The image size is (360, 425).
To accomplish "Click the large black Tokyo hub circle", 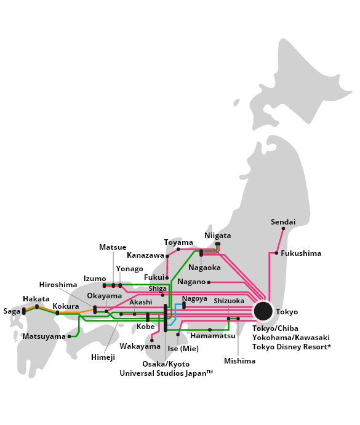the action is click(x=263, y=311).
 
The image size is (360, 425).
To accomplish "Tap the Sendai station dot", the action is click(x=283, y=229).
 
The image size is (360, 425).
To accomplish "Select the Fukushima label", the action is click(x=301, y=253).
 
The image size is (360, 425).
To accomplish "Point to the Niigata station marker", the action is click(x=218, y=244).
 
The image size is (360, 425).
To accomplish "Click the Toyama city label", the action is click(x=178, y=242).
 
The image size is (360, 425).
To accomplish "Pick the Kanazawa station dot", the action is click(x=167, y=256).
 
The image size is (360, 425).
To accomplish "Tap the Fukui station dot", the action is click(x=167, y=278).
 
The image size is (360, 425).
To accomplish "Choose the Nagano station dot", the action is click(x=209, y=282).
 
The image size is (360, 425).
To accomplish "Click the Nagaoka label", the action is click(x=204, y=268).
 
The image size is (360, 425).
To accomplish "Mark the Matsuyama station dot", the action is click(x=69, y=336).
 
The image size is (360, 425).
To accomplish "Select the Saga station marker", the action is click(x=24, y=311).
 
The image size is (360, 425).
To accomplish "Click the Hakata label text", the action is click(x=36, y=299).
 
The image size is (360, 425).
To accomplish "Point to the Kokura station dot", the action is click(x=57, y=313).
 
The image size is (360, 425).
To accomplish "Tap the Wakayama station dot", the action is click(x=152, y=341).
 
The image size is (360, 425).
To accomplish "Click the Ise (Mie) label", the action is click(x=183, y=349).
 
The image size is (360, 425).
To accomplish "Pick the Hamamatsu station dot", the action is click(x=210, y=330).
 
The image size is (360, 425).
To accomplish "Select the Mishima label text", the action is click(x=239, y=361).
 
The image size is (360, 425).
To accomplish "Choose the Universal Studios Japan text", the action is click(x=163, y=373).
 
